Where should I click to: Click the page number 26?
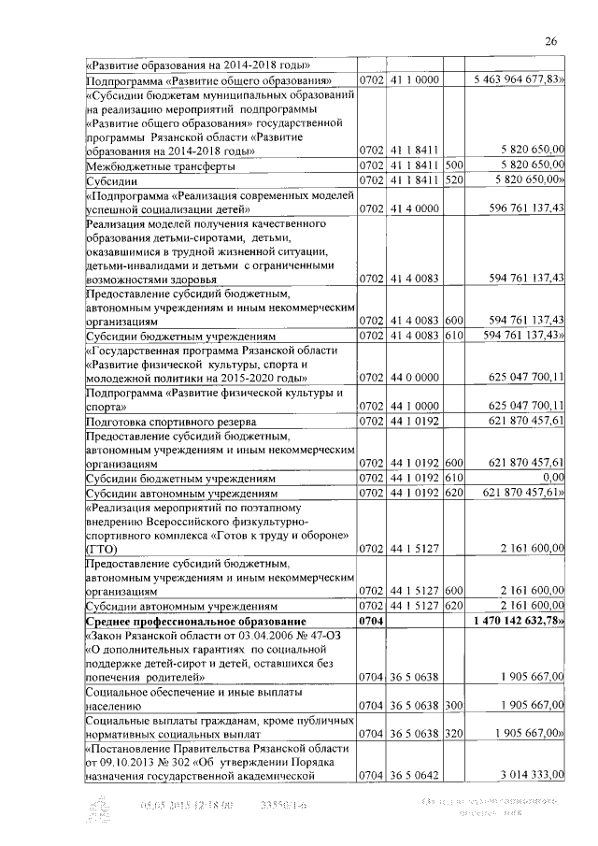coord(551,40)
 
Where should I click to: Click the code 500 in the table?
coord(456,165)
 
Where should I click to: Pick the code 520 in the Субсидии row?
coord(456,179)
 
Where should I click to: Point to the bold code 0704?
coord(372,621)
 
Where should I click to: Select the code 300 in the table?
coord(456,708)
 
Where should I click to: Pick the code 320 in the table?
coord(456,737)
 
